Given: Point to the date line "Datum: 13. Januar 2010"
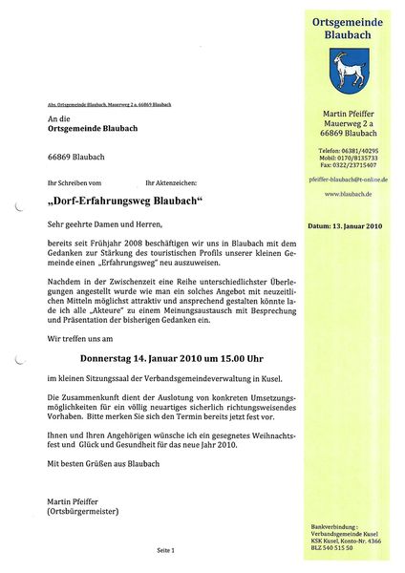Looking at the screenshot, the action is pos(345,227).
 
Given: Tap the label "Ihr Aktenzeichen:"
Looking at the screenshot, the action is pos(170,181).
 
